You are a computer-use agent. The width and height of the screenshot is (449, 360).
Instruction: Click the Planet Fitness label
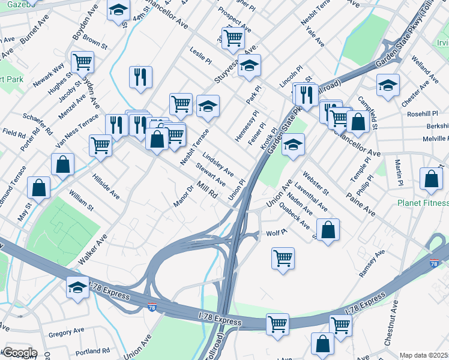coord(423,203)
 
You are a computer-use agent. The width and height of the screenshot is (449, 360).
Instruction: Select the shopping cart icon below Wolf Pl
coord(283,259)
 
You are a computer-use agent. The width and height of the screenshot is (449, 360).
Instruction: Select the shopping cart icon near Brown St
coord(82,61)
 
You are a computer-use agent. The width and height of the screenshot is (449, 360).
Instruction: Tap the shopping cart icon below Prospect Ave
coord(233,37)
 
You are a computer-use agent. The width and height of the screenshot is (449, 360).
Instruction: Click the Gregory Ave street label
coord(66,332)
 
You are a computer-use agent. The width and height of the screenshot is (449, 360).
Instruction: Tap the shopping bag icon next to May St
coord(39,187)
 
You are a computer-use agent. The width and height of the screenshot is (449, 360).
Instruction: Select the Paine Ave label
coord(361,204)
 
